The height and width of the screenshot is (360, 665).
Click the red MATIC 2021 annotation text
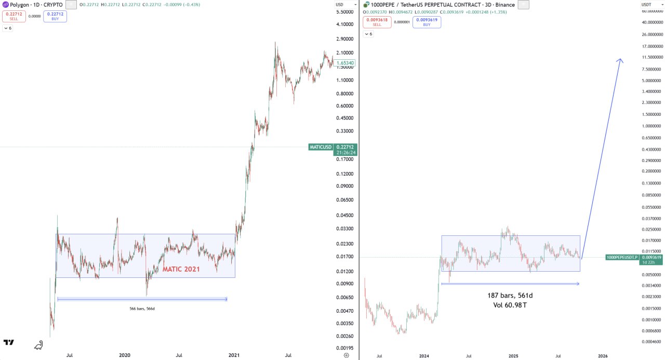click(x=181, y=269)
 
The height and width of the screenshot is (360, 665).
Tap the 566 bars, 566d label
click(x=142, y=309)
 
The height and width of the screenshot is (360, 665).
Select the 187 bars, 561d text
click(x=510, y=296)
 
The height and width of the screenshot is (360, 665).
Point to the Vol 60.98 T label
click(x=510, y=305)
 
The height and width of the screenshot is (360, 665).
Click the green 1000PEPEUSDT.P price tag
click(x=621, y=257)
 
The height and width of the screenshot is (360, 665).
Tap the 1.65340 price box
click(x=345, y=63)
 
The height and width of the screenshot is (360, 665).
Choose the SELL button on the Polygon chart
click(x=14, y=16)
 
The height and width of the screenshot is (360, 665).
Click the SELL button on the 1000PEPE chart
click(x=377, y=22)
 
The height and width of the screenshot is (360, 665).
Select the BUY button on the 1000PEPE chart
click(x=427, y=22)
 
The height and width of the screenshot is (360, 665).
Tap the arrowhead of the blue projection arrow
click(x=620, y=60)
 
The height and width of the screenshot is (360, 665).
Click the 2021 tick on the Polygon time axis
click(x=234, y=355)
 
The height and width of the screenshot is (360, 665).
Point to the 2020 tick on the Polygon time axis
click(x=124, y=355)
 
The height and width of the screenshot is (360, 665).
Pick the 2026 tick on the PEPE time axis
click(x=603, y=356)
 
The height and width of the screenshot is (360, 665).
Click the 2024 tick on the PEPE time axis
click(x=424, y=356)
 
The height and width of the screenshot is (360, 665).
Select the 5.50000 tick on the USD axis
click(x=345, y=12)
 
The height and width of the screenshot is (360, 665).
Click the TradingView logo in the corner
click(x=9, y=342)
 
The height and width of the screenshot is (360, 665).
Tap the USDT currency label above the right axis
click(x=646, y=5)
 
